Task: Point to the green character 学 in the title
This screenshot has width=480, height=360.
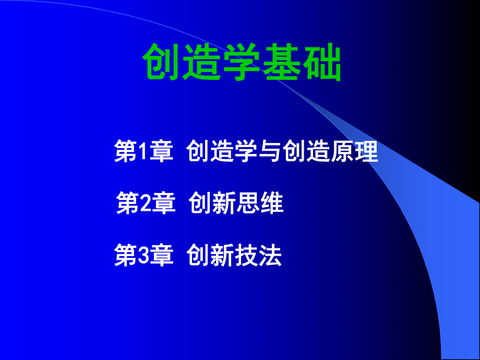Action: click(242, 63)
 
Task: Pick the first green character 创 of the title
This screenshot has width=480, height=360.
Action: click(162, 63)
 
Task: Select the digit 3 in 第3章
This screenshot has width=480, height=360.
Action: click(140, 256)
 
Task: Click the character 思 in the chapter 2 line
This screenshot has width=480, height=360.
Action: click(247, 203)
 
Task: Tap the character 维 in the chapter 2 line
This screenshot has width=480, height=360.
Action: click(272, 203)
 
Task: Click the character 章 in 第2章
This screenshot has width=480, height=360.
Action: click(162, 203)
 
